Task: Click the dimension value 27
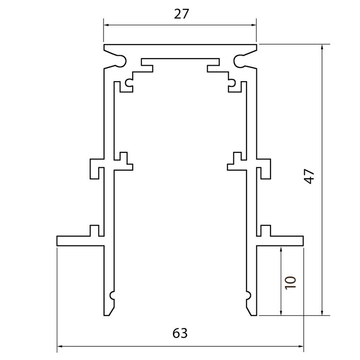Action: pyautogui.click(x=181, y=14)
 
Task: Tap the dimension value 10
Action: pyautogui.click(x=291, y=282)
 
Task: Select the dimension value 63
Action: pyautogui.click(x=180, y=333)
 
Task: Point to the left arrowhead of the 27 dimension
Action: pyautogui.click(x=106, y=25)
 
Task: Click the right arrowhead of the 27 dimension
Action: pyautogui.click(x=254, y=25)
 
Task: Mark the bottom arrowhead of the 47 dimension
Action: pyautogui.click(x=322, y=313)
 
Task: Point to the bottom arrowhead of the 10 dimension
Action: pyautogui.click(x=281, y=313)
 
